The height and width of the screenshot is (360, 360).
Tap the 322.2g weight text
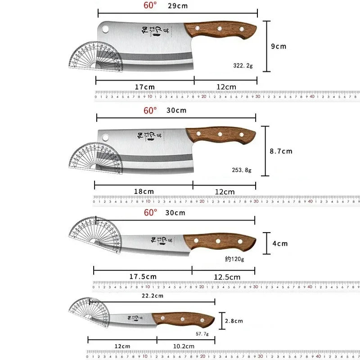[x=243, y=66]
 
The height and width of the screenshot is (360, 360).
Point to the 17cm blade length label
[x=144, y=87]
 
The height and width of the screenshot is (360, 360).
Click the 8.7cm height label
[x=281, y=151]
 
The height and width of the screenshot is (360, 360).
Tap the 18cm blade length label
[x=144, y=191]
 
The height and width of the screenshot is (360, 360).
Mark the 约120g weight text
[x=234, y=259]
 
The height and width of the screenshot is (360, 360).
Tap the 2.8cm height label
[x=234, y=321]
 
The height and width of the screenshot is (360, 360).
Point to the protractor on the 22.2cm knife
[x=89, y=311]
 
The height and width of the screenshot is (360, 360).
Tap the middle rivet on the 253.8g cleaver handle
[x=220, y=134]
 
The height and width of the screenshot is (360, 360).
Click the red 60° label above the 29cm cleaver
[x=150, y=5]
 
